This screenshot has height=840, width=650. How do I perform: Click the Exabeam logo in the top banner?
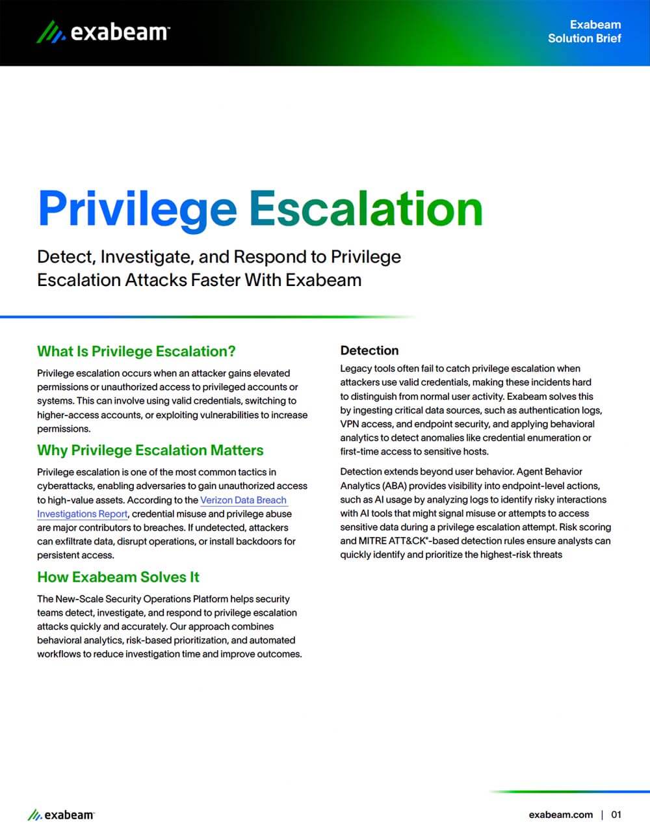tap(103, 31)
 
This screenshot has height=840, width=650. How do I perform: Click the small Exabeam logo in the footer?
tap(61, 815)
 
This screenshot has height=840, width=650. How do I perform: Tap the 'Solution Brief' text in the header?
tap(584, 38)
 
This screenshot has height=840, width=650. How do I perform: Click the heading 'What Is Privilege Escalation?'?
tap(136, 352)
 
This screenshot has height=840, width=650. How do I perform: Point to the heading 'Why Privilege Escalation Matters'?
tap(150, 451)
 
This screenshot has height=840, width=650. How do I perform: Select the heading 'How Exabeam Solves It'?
tap(118, 577)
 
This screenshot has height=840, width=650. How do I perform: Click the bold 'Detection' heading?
tap(369, 350)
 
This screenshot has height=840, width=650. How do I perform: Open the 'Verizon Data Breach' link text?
tap(243, 500)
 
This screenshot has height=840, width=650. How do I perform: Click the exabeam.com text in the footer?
tap(560, 815)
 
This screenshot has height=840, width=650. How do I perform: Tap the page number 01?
tap(616, 815)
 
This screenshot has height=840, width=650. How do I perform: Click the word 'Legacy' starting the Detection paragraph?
tap(355, 369)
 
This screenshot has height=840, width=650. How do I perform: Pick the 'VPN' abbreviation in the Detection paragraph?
tap(350, 424)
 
